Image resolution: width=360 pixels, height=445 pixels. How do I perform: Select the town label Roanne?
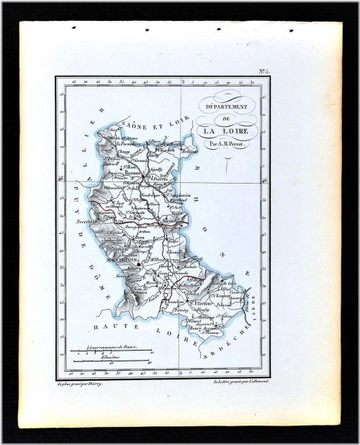(132, 174)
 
